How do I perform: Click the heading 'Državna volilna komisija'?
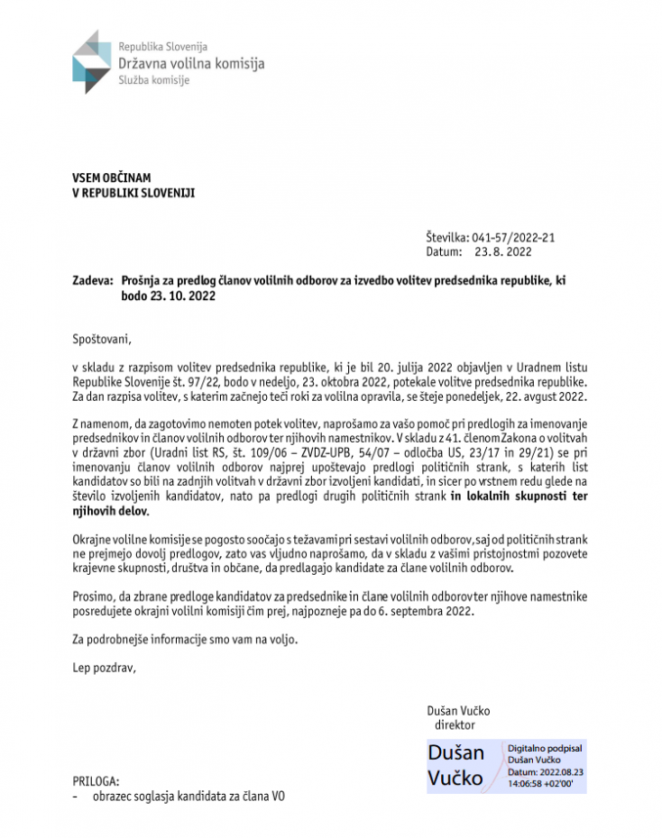tap(191, 63)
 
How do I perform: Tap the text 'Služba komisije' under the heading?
tap(154, 80)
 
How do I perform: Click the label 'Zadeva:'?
tap(92, 281)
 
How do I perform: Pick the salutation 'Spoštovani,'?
tap(102, 340)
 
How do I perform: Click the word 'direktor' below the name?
tap(455, 724)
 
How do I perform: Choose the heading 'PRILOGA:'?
tap(96, 781)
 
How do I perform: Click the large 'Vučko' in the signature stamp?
tap(455, 778)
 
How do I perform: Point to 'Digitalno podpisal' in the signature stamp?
tap(545, 749)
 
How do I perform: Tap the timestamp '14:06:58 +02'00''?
tap(547, 784)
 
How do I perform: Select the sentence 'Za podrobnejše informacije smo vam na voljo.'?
tap(184, 640)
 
